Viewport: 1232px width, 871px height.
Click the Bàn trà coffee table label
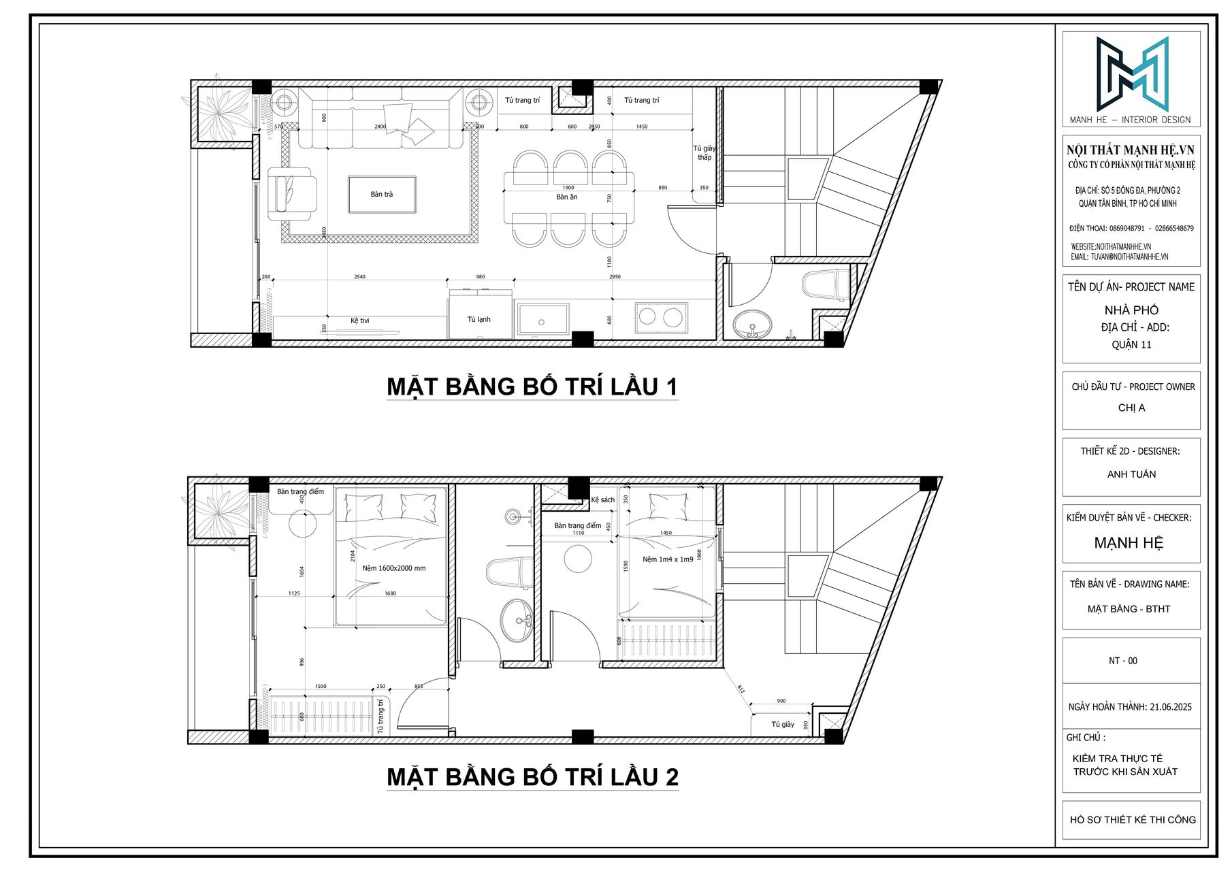point(381,195)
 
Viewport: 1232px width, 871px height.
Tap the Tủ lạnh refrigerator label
point(479,319)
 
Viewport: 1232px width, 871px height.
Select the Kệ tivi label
point(360,321)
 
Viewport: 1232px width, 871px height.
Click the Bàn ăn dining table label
point(566,197)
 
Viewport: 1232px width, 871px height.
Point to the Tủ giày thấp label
point(704,153)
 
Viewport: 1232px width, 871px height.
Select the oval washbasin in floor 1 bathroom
point(753,325)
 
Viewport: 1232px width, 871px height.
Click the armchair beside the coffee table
point(291,194)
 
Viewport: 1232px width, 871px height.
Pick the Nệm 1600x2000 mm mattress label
point(393,568)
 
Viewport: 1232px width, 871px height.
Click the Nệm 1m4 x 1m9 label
point(667,559)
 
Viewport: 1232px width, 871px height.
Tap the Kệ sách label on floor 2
point(602,500)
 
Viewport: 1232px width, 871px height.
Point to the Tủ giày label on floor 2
point(783,725)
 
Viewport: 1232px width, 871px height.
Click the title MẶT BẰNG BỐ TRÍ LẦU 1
point(532,387)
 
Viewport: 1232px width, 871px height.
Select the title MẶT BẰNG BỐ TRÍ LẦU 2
point(532,776)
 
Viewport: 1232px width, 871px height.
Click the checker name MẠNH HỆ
point(1129,543)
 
